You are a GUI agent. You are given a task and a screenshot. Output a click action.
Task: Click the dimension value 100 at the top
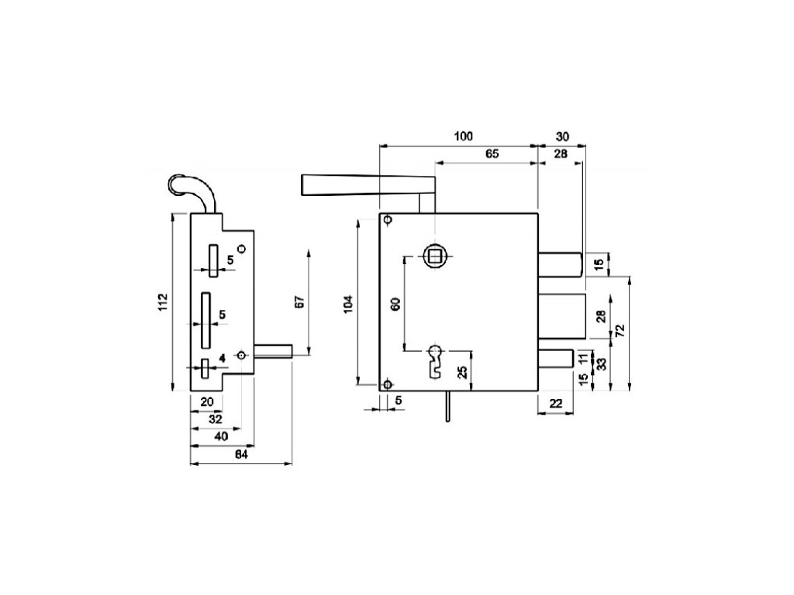click(x=463, y=136)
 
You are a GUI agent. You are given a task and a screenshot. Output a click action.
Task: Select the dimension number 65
click(x=492, y=154)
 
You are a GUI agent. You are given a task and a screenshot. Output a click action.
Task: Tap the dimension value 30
click(x=562, y=136)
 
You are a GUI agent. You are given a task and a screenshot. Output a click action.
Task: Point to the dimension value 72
click(x=620, y=329)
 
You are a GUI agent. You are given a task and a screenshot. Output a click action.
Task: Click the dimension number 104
click(x=348, y=303)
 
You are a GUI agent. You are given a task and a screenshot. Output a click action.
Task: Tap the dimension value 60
click(x=395, y=303)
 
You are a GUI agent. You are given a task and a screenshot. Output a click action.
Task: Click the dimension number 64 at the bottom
click(x=241, y=455)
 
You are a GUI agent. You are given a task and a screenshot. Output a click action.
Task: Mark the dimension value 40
click(x=220, y=436)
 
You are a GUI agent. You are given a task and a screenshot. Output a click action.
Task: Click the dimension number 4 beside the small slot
click(x=222, y=357)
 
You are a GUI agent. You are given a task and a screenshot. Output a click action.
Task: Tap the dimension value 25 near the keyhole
click(x=463, y=372)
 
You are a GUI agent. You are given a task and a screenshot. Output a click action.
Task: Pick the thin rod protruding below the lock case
click(x=447, y=406)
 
